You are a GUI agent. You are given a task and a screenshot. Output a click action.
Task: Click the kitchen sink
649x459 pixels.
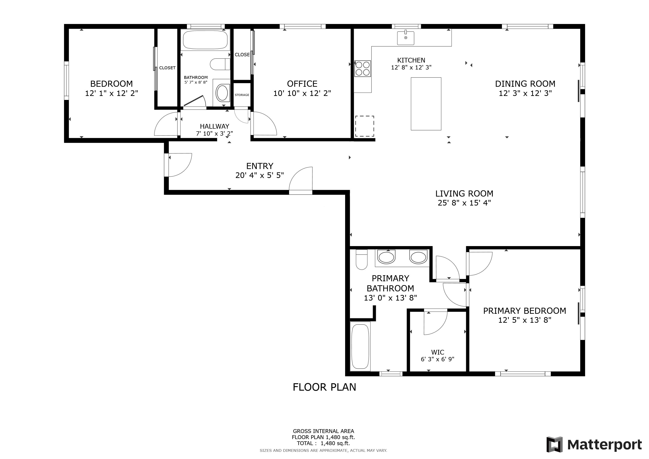tap(406, 38)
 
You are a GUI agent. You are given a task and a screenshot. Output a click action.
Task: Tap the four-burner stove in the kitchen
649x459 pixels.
tap(363, 69)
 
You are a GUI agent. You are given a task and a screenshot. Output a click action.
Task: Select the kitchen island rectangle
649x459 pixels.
tap(426, 104)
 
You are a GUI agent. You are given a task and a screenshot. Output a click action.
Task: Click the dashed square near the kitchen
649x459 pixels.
tap(365, 126)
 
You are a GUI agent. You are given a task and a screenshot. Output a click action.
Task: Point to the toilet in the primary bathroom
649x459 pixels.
tap(361, 260)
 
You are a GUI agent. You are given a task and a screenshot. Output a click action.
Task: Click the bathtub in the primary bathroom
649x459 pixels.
tap(360, 346)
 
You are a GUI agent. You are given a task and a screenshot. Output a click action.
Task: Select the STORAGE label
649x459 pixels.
tap(242, 95)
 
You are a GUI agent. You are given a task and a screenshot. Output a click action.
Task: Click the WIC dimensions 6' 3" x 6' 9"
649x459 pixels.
tap(438, 359)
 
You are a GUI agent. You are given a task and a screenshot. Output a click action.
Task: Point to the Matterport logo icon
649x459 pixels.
tap(555, 445)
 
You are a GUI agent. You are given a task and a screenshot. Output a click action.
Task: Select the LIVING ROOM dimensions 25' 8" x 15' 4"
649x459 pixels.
tap(464, 203)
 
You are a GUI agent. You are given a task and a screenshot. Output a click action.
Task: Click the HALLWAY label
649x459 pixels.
tap(214, 126)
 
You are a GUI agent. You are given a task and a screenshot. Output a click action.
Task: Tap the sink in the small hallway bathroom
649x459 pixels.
tap(223, 93)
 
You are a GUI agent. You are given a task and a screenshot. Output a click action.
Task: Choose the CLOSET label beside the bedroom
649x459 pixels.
tap(167, 68)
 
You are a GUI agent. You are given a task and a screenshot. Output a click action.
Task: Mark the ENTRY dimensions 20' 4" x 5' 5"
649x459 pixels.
tap(260, 175)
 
